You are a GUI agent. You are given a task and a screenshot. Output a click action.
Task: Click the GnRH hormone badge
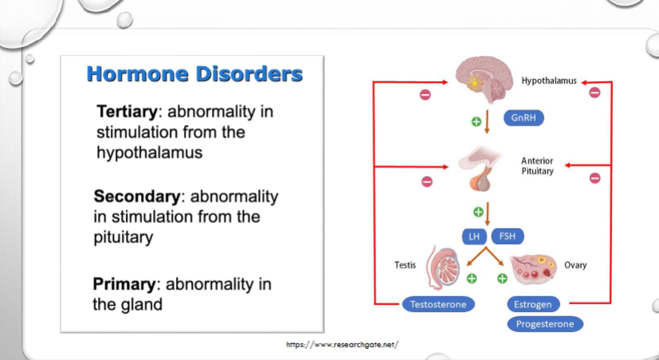(x=524, y=118)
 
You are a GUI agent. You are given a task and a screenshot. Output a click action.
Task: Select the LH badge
(x=474, y=237)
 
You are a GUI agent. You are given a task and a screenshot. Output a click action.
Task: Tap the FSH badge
(x=508, y=237)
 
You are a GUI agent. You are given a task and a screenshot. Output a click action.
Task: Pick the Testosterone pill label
(x=438, y=304)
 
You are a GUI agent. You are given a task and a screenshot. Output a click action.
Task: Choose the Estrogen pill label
(x=533, y=304)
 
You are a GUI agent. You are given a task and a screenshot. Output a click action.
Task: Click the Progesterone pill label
(x=545, y=324)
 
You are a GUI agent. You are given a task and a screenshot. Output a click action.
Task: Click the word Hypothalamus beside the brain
(x=549, y=80)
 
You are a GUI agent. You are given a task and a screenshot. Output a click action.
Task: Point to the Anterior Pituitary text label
(x=537, y=166)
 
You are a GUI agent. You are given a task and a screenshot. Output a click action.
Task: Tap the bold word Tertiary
(x=127, y=112)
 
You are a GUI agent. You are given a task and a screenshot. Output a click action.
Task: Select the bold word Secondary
(x=137, y=196)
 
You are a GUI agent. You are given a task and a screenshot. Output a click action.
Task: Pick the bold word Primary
(x=124, y=284)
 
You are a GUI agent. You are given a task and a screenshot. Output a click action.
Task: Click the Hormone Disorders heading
(x=194, y=74)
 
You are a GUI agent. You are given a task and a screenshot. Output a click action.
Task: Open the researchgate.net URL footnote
(x=342, y=345)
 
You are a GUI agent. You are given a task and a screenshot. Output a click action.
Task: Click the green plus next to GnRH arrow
(x=477, y=122)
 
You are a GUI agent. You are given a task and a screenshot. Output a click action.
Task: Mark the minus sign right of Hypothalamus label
(x=594, y=92)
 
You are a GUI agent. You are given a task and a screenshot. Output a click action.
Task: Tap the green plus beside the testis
(x=472, y=278)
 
